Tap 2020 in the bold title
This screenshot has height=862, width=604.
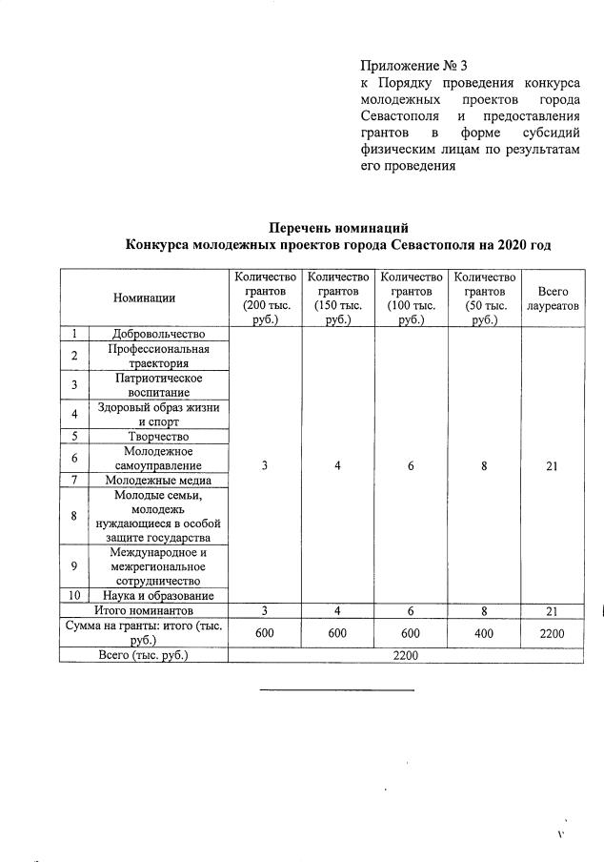click(x=506, y=245)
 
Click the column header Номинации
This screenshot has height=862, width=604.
click(x=144, y=298)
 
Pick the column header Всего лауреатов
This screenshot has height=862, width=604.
click(x=553, y=298)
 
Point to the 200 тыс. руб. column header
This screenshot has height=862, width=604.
click(x=266, y=298)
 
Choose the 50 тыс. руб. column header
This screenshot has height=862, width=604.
click(x=485, y=298)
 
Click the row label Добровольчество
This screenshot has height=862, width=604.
click(x=158, y=334)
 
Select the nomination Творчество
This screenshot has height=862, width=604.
click(x=158, y=437)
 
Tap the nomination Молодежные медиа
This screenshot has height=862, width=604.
click(x=158, y=480)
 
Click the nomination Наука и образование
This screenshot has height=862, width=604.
click(x=158, y=596)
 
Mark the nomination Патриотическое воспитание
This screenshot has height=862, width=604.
click(x=158, y=385)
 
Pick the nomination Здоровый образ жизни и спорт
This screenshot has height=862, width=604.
click(x=158, y=414)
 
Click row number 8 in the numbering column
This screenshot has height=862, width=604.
click(x=74, y=516)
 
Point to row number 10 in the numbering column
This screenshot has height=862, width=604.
click(x=74, y=596)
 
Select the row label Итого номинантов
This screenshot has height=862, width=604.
click(x=144, y=610)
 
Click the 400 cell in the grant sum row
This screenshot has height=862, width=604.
click(x=485, y=633)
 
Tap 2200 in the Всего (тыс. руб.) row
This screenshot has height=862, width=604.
click(x=404, y=656)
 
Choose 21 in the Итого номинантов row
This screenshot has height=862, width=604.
click(x=553, y=610)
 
